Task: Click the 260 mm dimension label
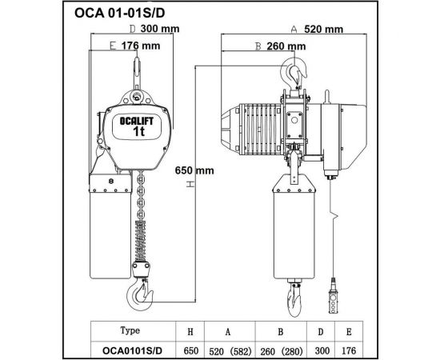286,46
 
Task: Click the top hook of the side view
294,77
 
